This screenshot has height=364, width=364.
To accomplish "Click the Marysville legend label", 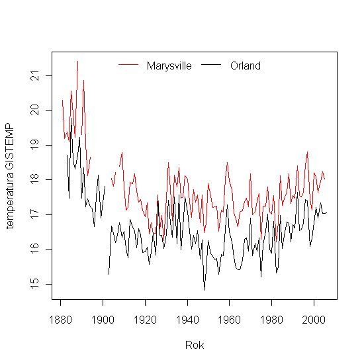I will [x=169, y=66].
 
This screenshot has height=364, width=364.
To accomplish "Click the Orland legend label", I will [x=246, y=66].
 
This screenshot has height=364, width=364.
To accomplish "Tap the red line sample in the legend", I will [x=129, y=65].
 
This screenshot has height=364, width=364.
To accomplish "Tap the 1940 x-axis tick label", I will [x=188, y=317].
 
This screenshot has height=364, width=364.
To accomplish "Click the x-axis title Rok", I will [x=194, y=345].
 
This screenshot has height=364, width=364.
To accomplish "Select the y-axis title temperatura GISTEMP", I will [x=9, y=175].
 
